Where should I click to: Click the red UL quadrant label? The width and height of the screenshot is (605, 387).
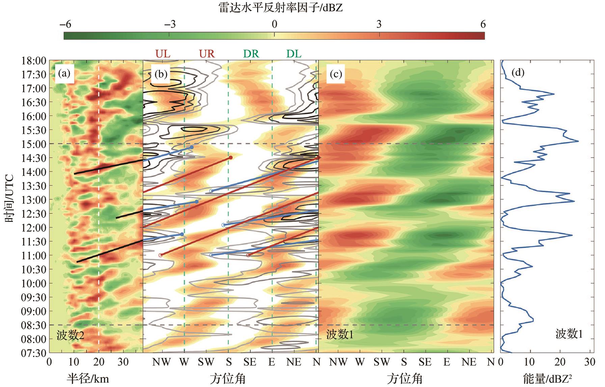click(163, 54)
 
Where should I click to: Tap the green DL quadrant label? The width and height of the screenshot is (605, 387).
click(294, 54)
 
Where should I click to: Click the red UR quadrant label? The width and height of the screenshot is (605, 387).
click(207, 54)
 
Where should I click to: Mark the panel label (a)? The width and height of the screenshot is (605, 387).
click(64, 74)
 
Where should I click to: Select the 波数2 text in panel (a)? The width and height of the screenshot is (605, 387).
click(70, 335)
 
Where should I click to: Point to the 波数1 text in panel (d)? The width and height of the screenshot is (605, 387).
click(569, 334)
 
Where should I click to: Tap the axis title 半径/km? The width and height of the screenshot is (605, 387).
click(88, 379)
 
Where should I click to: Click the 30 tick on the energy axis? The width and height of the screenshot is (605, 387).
click(589, 362)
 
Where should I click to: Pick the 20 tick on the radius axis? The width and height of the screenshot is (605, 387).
click(99, 362)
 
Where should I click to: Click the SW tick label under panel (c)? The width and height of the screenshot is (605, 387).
click(382, 362)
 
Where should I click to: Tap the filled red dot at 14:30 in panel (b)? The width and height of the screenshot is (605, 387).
click(231, 157)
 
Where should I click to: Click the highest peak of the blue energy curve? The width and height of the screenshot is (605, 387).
click(578, 141)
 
